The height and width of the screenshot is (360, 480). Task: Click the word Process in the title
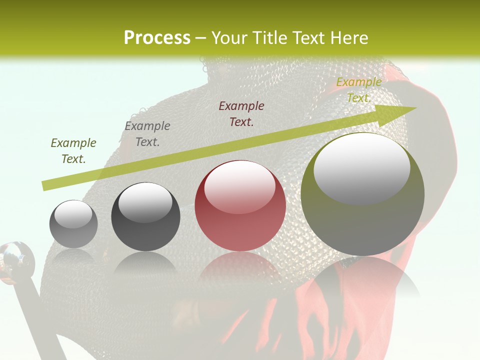[x=157, y=37]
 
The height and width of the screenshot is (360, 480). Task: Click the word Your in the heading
[x=228, y=37]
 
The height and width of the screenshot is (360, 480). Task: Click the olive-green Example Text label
[x=73, y=151]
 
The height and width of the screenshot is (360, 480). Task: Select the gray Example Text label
[x=147, y=134]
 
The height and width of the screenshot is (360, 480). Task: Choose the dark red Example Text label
[x=241, y=113]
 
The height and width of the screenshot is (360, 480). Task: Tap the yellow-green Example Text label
[x=358, y=90]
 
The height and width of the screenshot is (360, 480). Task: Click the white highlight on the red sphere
[x=240, y=187]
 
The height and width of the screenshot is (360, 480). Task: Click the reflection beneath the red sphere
[x=240, y=267]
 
